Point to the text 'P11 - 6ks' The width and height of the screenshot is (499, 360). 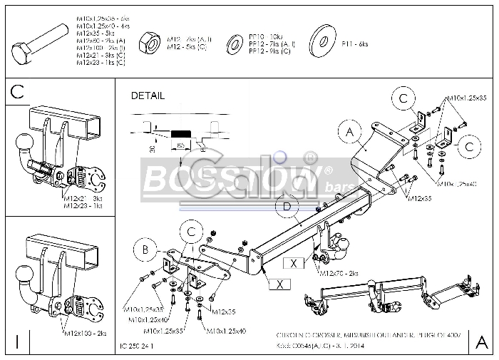click(354, 44)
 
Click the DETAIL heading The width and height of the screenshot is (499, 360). click(148, 96)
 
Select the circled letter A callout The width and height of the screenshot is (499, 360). click(350, 133)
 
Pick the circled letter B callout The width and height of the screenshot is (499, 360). click(145, 250)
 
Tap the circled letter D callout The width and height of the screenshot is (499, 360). click(286, 207)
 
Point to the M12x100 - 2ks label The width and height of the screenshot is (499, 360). click(84, 333)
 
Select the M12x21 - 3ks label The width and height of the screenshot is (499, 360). click(83, 198)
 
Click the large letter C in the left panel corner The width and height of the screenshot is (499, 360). click(19, 91)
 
